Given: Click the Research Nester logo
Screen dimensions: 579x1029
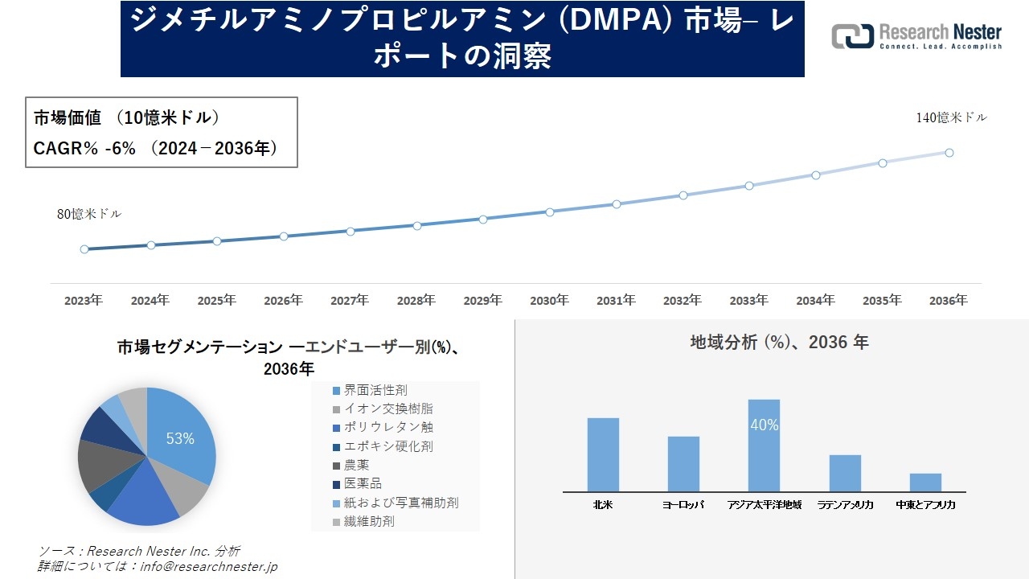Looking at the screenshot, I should [x=916, y=37].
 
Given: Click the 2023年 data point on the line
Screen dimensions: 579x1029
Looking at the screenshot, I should [x=84, y=249].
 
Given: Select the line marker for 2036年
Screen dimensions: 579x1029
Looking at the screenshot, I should [x=949, y=153].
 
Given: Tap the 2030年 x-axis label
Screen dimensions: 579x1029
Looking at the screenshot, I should [x=549, y=301].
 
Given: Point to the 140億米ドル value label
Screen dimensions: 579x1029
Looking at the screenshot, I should [x=951, y=117].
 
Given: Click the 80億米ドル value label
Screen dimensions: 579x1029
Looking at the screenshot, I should [x=89, y=214].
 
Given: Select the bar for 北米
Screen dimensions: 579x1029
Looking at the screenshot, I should [x=603, y=454].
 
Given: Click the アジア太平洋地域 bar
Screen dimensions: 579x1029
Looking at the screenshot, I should [x=764, y=446].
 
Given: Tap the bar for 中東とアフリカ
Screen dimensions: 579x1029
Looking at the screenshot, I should [x=925, y=482].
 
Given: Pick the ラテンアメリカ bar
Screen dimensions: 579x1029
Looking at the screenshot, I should [x=845, y=473].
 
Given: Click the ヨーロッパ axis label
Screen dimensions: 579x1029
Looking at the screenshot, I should [x=683, y=505].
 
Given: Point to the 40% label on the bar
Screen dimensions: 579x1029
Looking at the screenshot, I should [x=764, y=425].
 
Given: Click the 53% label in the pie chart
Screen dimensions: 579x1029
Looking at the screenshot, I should [x=180, y=438].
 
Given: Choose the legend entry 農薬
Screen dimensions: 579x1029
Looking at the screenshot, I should [x=356, y=465].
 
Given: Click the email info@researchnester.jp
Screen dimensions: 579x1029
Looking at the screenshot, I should [x=208, y=566].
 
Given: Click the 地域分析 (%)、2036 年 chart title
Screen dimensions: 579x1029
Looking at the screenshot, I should [x=779, y=342].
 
